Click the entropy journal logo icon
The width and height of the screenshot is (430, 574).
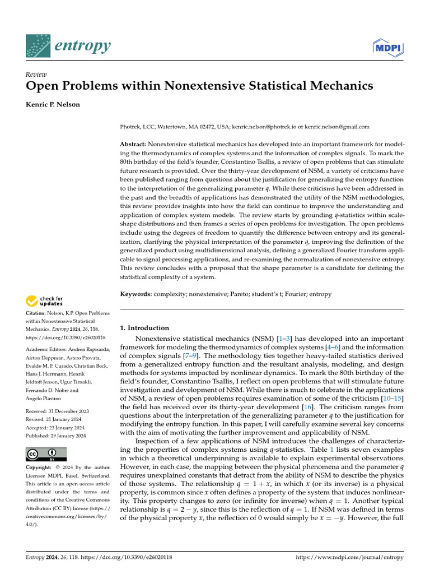(38, 47)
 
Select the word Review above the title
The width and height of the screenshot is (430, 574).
(36, 75)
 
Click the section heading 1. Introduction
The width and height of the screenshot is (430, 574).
(144, 328)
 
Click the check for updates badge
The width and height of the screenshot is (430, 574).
(45, 301)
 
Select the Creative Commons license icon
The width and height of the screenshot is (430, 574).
(46, 454)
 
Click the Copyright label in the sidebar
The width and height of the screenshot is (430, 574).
(40, 467)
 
